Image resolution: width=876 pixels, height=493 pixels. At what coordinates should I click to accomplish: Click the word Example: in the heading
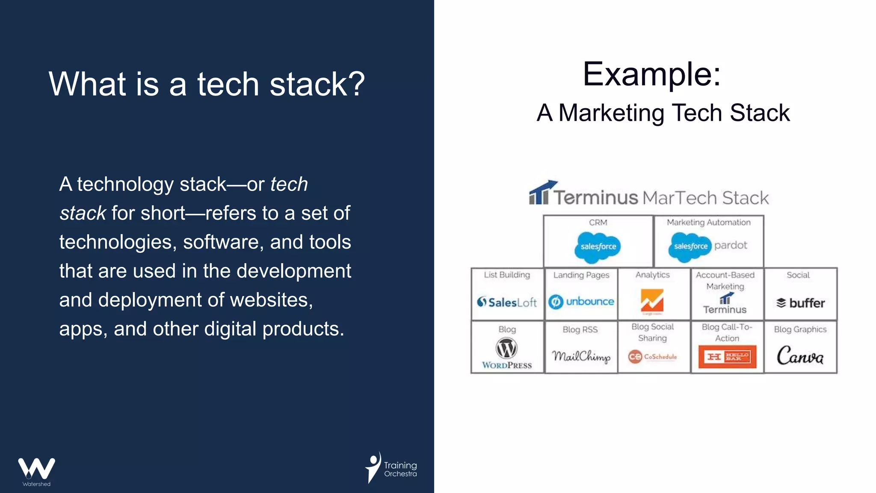[651, 74]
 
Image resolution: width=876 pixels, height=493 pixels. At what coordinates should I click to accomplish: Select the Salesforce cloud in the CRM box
[598, 246]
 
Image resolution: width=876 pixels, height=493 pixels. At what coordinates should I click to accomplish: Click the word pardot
[731, 245]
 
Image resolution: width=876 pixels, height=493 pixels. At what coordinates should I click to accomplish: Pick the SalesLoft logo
[507, 302]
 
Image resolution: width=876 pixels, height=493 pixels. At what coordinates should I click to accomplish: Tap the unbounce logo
[581, 302]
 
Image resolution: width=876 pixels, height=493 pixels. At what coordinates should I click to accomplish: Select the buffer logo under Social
[800, 303]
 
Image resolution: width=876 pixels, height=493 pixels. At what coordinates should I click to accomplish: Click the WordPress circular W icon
[506, 348]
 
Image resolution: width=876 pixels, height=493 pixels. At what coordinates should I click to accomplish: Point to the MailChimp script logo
[581, 356]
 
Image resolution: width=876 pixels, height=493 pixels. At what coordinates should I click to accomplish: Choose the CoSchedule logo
[653, 356]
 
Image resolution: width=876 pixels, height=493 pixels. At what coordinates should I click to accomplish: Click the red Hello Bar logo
[727, 356]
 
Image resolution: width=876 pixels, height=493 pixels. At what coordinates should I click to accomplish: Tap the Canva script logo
[800, 356]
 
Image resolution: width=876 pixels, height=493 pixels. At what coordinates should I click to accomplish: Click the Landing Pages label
[581, 275]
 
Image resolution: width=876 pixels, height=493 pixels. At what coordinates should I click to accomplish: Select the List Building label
[507, 275]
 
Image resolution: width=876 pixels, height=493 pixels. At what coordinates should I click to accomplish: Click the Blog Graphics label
[800, 329]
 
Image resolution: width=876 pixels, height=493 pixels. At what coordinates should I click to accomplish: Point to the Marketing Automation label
[708, 223]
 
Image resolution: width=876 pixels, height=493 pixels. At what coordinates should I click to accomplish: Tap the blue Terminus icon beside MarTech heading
[540, 193]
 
